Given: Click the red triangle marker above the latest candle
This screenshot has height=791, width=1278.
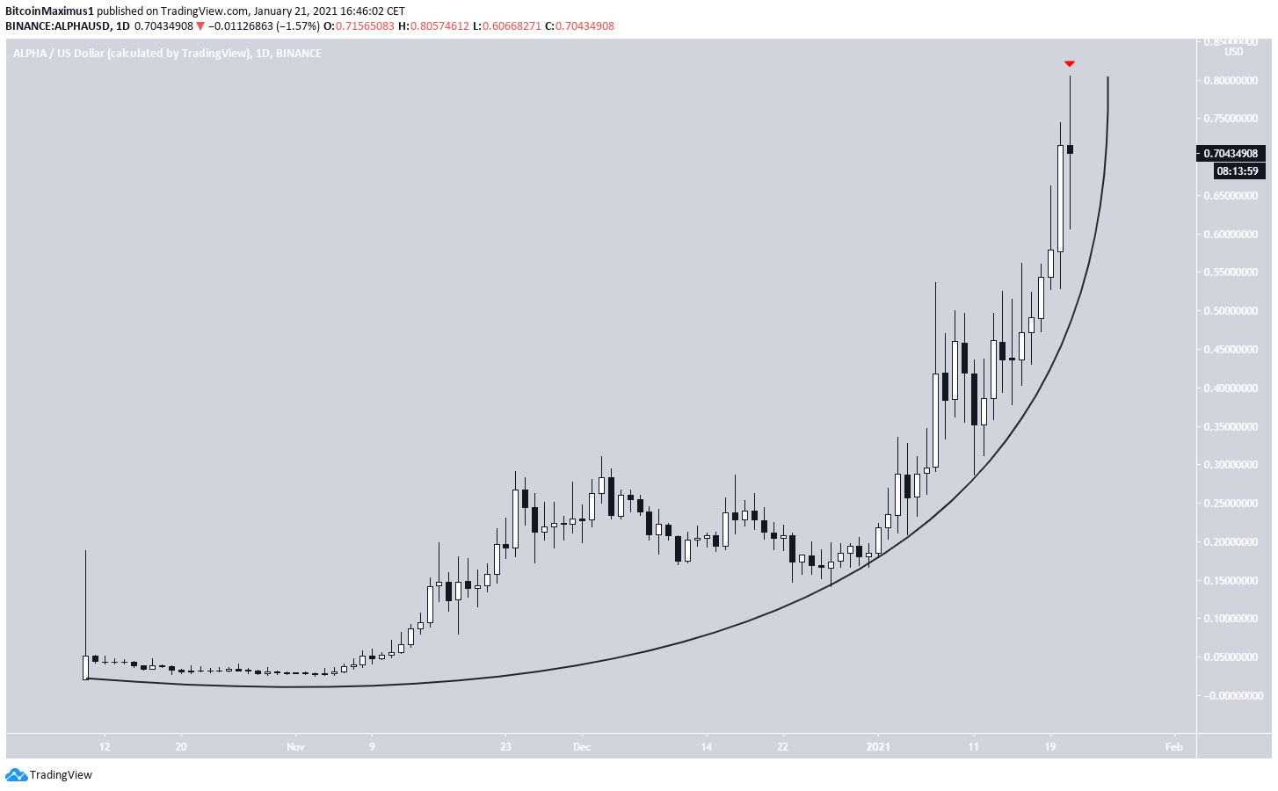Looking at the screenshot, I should pos(1070,63).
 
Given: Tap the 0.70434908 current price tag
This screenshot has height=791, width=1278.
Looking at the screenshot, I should pos(1231,154).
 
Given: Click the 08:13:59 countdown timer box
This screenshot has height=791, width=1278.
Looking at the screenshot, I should pos(1237,171).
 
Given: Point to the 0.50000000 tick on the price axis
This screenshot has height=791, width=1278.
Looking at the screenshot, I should pos(1231,311).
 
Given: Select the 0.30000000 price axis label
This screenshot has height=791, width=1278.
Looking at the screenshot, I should pos(1231,465).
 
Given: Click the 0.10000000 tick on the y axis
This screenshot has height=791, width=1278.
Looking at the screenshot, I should pos(1231,619).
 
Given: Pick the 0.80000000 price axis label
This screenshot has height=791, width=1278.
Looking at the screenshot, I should pos(1231,81).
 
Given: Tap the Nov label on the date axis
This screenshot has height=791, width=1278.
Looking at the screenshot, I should pos(295,747).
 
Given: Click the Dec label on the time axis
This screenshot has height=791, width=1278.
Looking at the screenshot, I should pos(582,747).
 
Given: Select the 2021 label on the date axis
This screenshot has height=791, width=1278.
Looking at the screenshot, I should pos(878,747).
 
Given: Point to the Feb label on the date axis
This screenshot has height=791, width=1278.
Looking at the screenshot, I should pos(1173,747).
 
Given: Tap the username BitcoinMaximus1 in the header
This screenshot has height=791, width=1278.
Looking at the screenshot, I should pos(49,11).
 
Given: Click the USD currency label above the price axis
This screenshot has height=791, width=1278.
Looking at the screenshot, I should pos(1234,52).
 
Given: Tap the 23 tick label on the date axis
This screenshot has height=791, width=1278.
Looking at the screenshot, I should pos(505,747).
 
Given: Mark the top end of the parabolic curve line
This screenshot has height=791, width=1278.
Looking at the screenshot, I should pos(1107,78).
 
